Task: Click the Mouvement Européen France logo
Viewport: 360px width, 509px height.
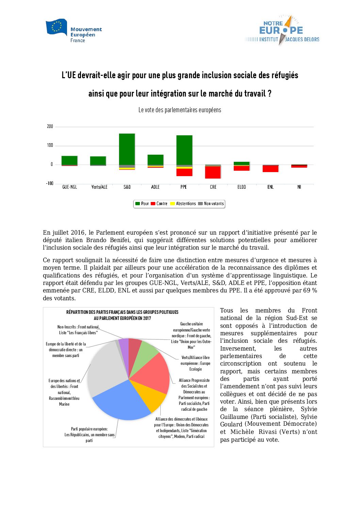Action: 73,31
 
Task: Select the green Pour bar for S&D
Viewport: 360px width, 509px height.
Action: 127,149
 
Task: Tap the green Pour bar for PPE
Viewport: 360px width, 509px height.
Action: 184,150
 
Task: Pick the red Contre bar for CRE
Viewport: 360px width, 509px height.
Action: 213,172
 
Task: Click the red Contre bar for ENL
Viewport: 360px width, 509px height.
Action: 271,169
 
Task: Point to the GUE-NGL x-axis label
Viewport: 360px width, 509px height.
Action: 69,187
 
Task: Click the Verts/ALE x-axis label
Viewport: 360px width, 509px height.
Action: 99,187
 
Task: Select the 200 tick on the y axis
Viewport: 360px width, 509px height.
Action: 50,126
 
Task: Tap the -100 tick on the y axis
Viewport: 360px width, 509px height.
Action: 50,184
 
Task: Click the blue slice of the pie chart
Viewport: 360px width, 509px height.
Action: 119,401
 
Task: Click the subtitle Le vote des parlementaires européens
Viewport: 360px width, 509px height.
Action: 180,110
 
